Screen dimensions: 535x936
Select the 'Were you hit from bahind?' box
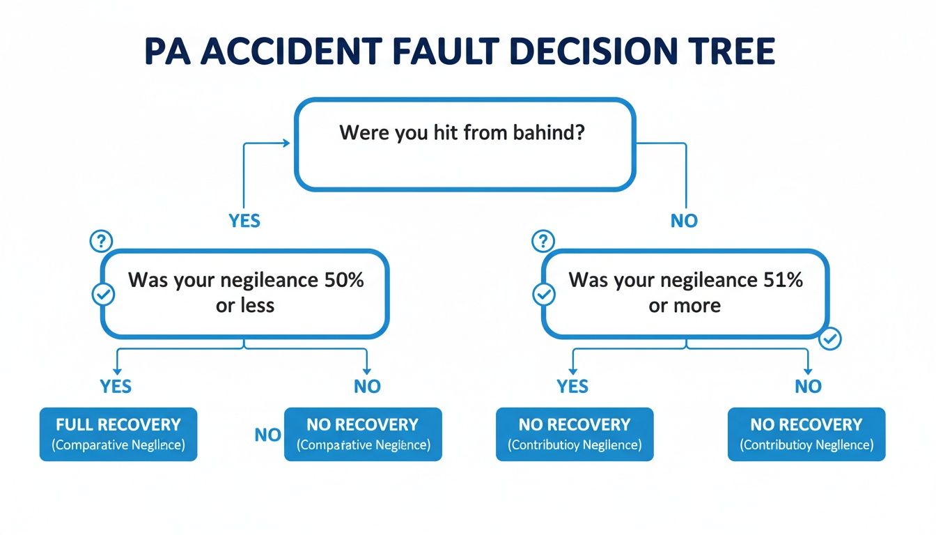[x=465, y=144]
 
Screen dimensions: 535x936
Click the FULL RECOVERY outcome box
[x=118, y=434]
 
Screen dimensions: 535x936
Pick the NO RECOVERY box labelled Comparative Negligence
[x=363, y=434]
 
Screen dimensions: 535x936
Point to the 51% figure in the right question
[x=783, y=280]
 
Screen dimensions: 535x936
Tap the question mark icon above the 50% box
[x=102, y=242]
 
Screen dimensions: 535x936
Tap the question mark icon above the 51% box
[x=542, y=242]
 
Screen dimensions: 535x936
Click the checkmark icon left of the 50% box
[x=103, y=295]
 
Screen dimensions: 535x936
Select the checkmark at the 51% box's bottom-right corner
[x=830, y=339]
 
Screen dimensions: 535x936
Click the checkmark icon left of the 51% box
[x=543, y=295]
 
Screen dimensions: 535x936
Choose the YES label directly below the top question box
[x=244, y=221]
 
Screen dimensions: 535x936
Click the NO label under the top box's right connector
[x=684, y=221]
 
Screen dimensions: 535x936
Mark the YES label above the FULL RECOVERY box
[x=116, y=386]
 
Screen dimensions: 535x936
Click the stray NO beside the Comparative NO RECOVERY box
[x=267, y=435]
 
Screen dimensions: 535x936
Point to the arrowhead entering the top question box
[x=285, y=144]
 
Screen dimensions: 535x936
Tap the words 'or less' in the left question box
[x=245, y=306]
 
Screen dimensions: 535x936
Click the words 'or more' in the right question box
[x=685, y=306]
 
